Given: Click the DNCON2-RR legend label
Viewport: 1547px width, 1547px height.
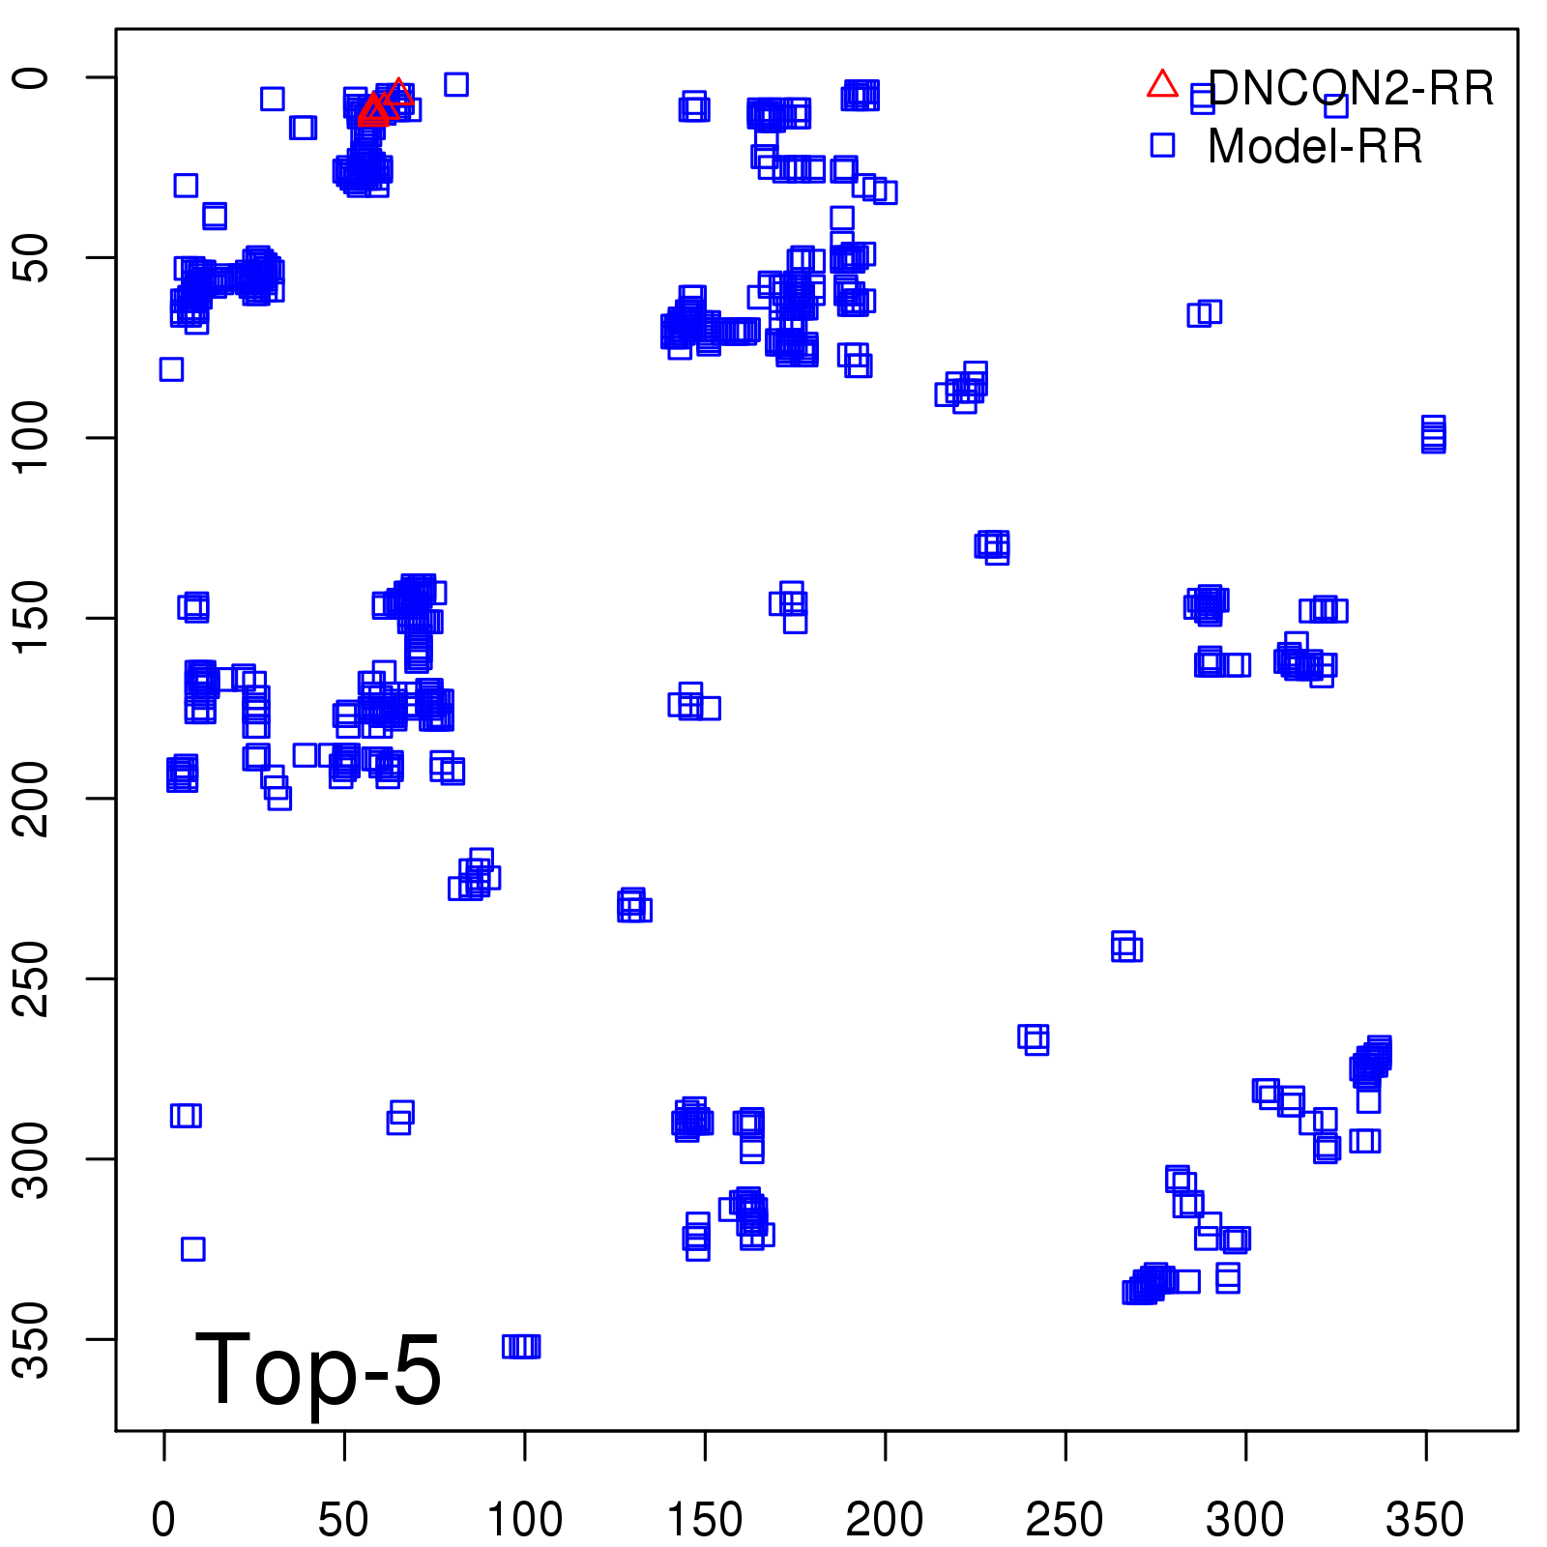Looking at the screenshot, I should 1351,89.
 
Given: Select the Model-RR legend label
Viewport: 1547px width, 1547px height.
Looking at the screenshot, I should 1315,147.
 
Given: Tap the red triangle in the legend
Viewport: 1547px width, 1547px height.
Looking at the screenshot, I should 1162,85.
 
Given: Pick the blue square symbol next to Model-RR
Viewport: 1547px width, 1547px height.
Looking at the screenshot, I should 1162,145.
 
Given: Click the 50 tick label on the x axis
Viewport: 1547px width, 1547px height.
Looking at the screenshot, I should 343,1520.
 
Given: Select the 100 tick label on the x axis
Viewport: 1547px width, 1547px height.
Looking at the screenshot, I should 524,1520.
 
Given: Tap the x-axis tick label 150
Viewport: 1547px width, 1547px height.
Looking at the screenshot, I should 705,1520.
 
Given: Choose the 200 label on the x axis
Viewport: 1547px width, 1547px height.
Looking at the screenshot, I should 885,1520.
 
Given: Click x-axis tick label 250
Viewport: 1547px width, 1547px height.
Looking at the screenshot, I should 1065,1520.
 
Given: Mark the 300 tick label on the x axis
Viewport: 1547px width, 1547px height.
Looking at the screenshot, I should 1245,1520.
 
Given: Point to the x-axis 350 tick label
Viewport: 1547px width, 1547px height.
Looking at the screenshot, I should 1425,1520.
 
